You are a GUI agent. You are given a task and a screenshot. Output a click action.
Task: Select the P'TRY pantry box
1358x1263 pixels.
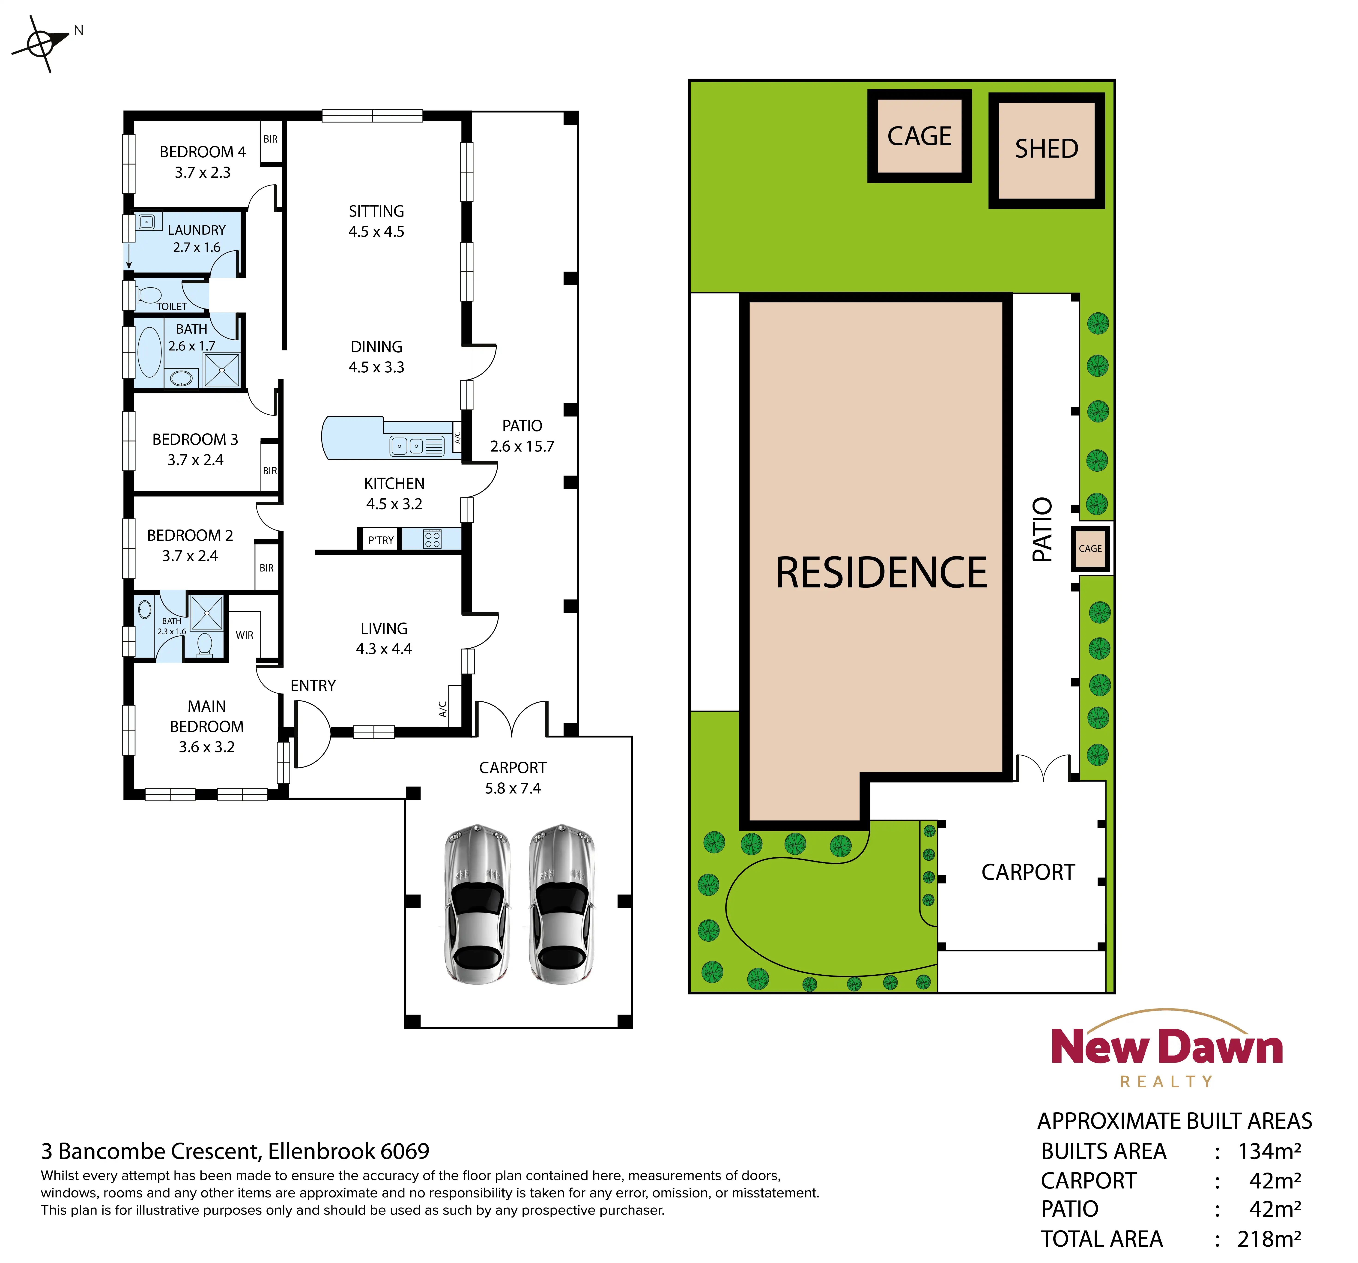pos(380,540)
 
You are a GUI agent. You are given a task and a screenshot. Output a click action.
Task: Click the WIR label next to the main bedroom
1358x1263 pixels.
pos(245,634)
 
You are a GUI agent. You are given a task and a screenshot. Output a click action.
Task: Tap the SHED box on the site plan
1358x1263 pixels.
pos(1047,150)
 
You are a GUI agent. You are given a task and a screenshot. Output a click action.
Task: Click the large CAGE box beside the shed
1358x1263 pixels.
pos(919,136)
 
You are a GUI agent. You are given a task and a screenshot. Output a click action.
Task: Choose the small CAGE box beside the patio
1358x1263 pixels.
pos(1090,548)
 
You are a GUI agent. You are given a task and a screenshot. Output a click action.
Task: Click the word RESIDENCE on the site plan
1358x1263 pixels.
pos(881,572)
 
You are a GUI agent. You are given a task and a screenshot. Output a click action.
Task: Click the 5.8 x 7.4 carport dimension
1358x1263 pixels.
pos(513,788)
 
